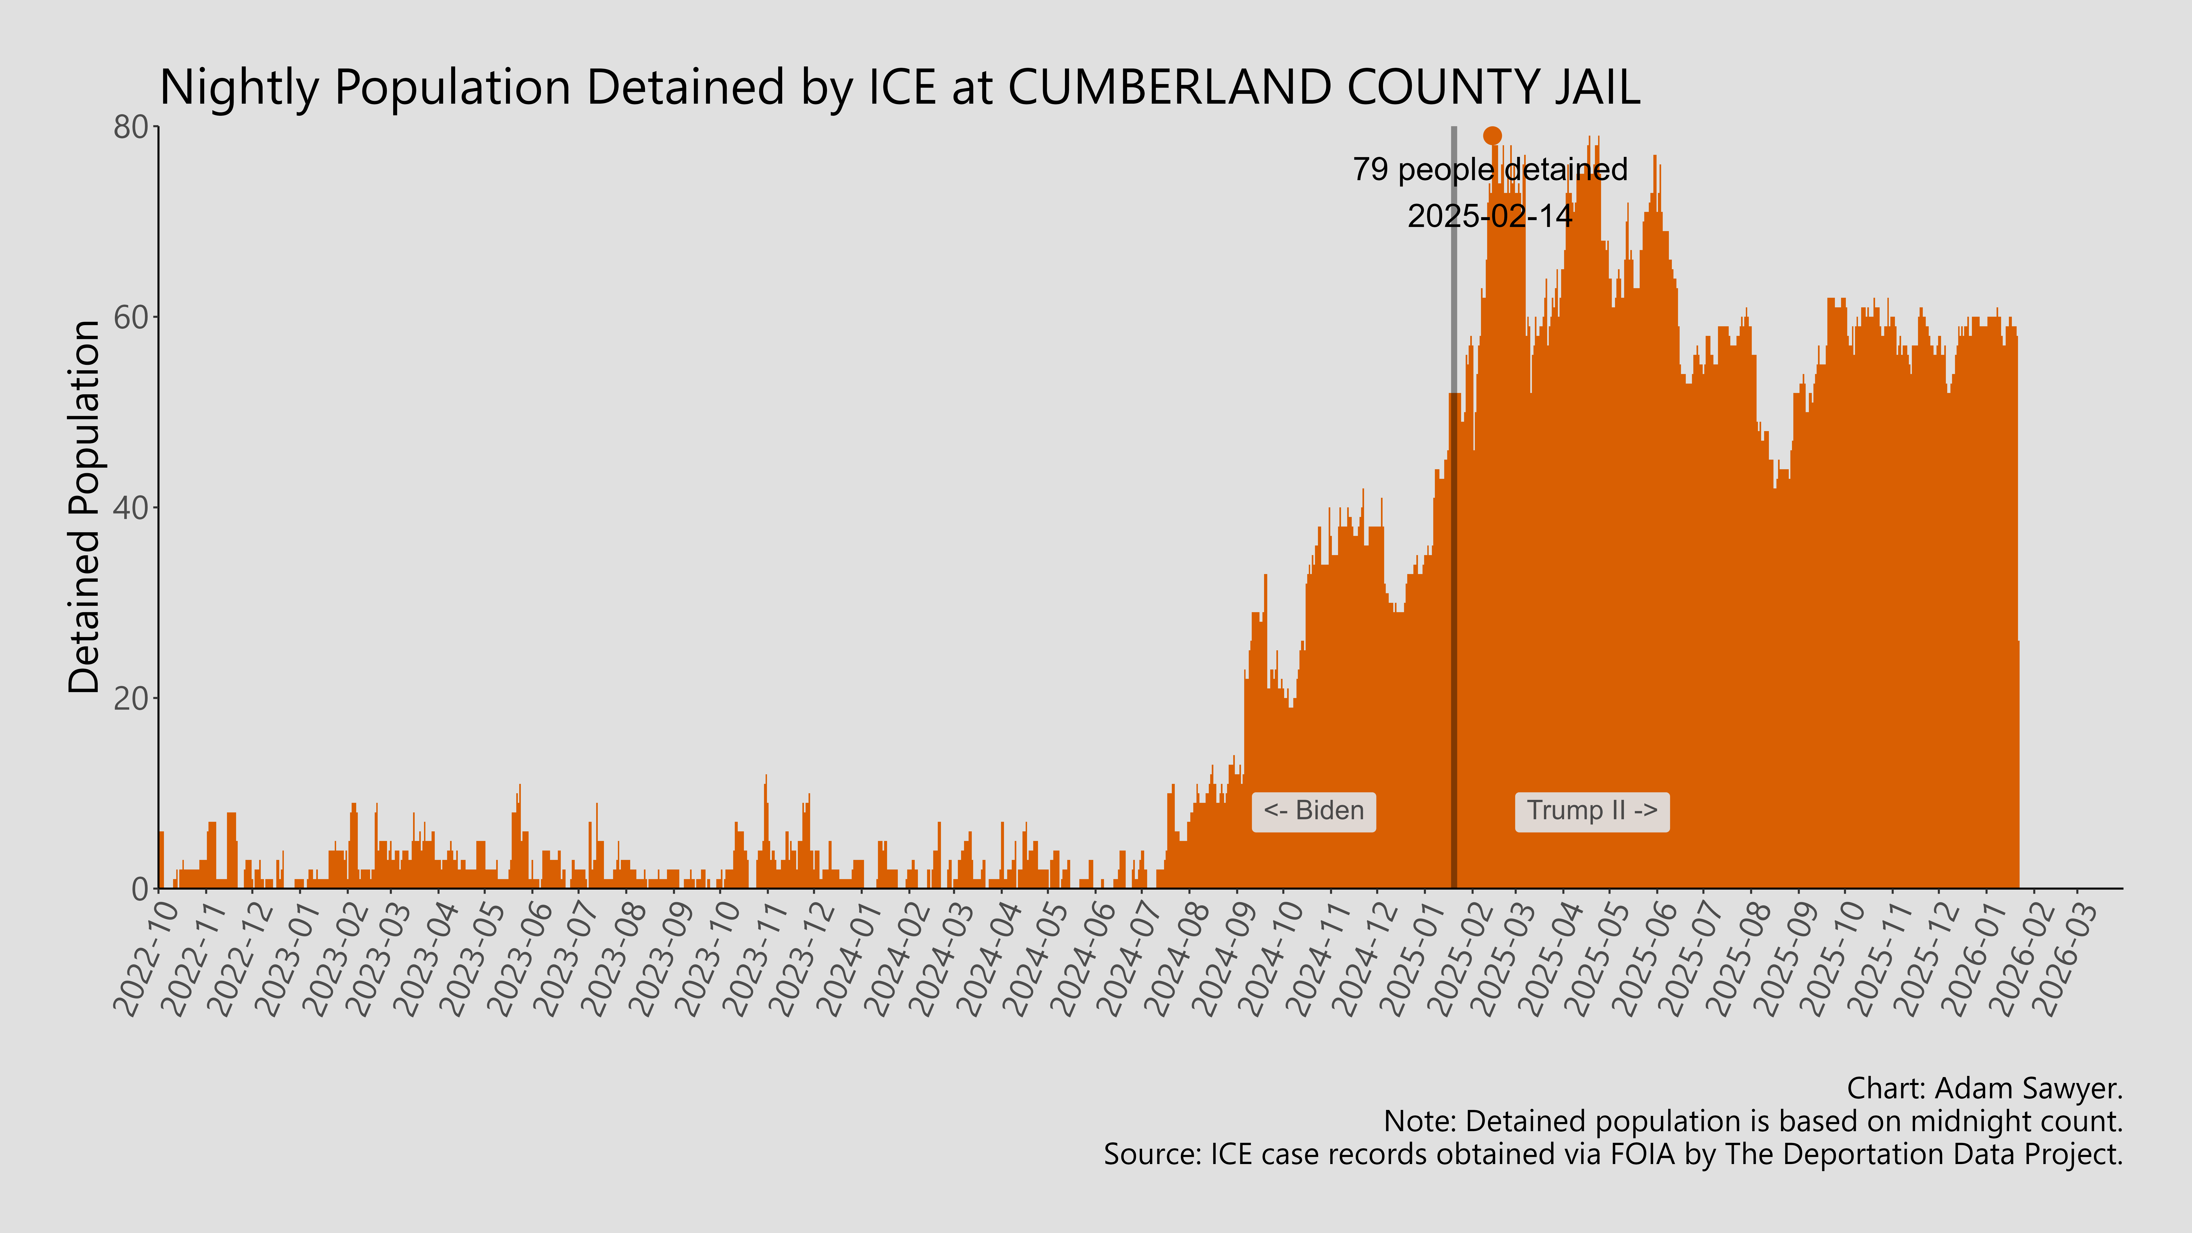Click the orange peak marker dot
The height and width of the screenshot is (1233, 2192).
coord(1492,135)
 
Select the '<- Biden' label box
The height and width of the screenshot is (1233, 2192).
coord(1313,811)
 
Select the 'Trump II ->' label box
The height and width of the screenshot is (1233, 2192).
coord(1591,811)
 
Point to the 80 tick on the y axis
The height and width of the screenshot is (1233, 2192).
coord(132,128)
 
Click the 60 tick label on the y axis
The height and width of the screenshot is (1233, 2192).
coord(132,318)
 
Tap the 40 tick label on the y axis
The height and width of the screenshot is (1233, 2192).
coord(132,508)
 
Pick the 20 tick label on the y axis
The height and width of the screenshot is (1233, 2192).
coord(132,699)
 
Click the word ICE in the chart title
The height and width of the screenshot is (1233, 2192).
coord(902,88)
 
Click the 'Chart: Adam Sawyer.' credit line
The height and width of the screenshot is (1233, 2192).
coord(1984,1088)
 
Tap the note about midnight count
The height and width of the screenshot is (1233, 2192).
coord(1753,1122)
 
